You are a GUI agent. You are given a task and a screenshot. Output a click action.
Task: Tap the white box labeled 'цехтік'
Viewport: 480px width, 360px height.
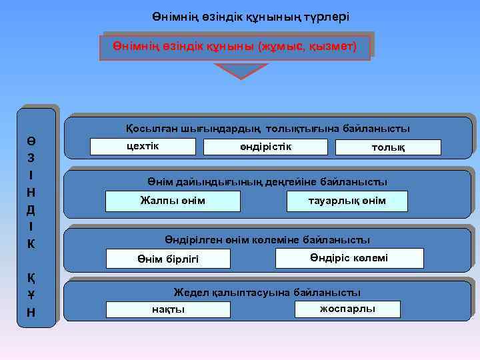pyautogui.click(x=143, y=146)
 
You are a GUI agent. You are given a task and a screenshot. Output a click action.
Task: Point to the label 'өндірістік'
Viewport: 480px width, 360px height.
pyautogui.click(x=266, y=146)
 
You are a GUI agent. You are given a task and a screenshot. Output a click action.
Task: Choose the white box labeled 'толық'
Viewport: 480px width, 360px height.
pyautogui.click(x=388, y=147)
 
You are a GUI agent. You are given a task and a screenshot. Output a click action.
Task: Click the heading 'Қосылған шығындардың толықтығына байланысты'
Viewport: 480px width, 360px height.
pyautogui.click(x=268, y=128)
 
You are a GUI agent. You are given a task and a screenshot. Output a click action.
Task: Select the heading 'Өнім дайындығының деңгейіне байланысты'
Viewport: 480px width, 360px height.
pyautogui.click(x=267, y=181)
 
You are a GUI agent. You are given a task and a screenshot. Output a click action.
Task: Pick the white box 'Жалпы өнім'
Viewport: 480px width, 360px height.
pyautogui.click(x=173, y=201)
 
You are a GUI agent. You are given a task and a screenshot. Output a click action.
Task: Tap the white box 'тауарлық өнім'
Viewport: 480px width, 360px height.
pyautogui.click(x=347, y=201)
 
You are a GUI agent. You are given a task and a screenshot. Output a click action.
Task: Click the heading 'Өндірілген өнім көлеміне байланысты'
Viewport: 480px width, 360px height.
pyautogui.click(x=267, y=239)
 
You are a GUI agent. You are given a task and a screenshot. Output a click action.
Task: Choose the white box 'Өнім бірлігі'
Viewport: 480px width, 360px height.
pyautogui.click(x=169, y=259)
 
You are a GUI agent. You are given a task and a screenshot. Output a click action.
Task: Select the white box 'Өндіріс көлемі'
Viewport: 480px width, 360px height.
pyautogui.click(x=347, y=258)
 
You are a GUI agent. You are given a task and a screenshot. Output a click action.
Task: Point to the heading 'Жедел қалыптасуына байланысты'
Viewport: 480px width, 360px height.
pyautogui.click(x=267, y=292)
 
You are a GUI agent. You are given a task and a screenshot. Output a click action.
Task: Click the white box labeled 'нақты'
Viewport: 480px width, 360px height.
pyautogui.click(x=169, y=309)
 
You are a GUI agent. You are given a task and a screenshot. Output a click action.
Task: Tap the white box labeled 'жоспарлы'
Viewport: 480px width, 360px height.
pyautogui.click(x=347, y=309)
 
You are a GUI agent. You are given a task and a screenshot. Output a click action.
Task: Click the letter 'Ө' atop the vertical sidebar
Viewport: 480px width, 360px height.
pyautogui.click(x=32, y=141)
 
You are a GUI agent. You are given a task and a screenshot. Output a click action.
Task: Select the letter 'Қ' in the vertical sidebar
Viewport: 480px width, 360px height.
pyautogui.click(x=32, y=278)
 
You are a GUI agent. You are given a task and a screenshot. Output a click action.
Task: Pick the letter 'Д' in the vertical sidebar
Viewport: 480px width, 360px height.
pyautogui.click(x=32, y=209)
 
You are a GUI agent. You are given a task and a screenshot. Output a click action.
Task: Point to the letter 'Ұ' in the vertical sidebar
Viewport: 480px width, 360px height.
pyautogui.click(x=32, y=295)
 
